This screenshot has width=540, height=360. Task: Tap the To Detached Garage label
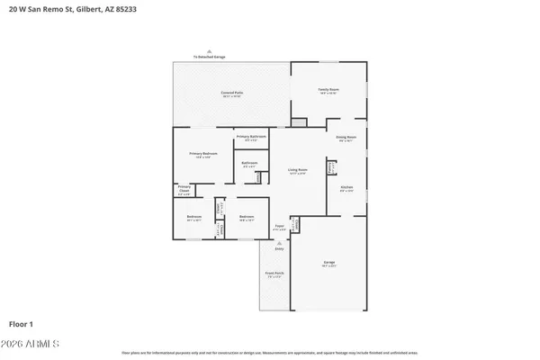[x=209, y=57]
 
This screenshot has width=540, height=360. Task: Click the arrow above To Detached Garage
[x=209, y=51]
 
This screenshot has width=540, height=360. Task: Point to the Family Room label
[x=328, y=90]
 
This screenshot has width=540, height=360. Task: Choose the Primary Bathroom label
[x=251, y=137]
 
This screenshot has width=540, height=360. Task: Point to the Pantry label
[x=331, y=166]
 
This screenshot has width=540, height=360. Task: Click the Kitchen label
[x=346, y=188]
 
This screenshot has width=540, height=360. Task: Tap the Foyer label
[x=280, y=227]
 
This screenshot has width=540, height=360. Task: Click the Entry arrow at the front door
[x=265, y=244]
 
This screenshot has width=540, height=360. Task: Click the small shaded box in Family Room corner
[x=298, y=122]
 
